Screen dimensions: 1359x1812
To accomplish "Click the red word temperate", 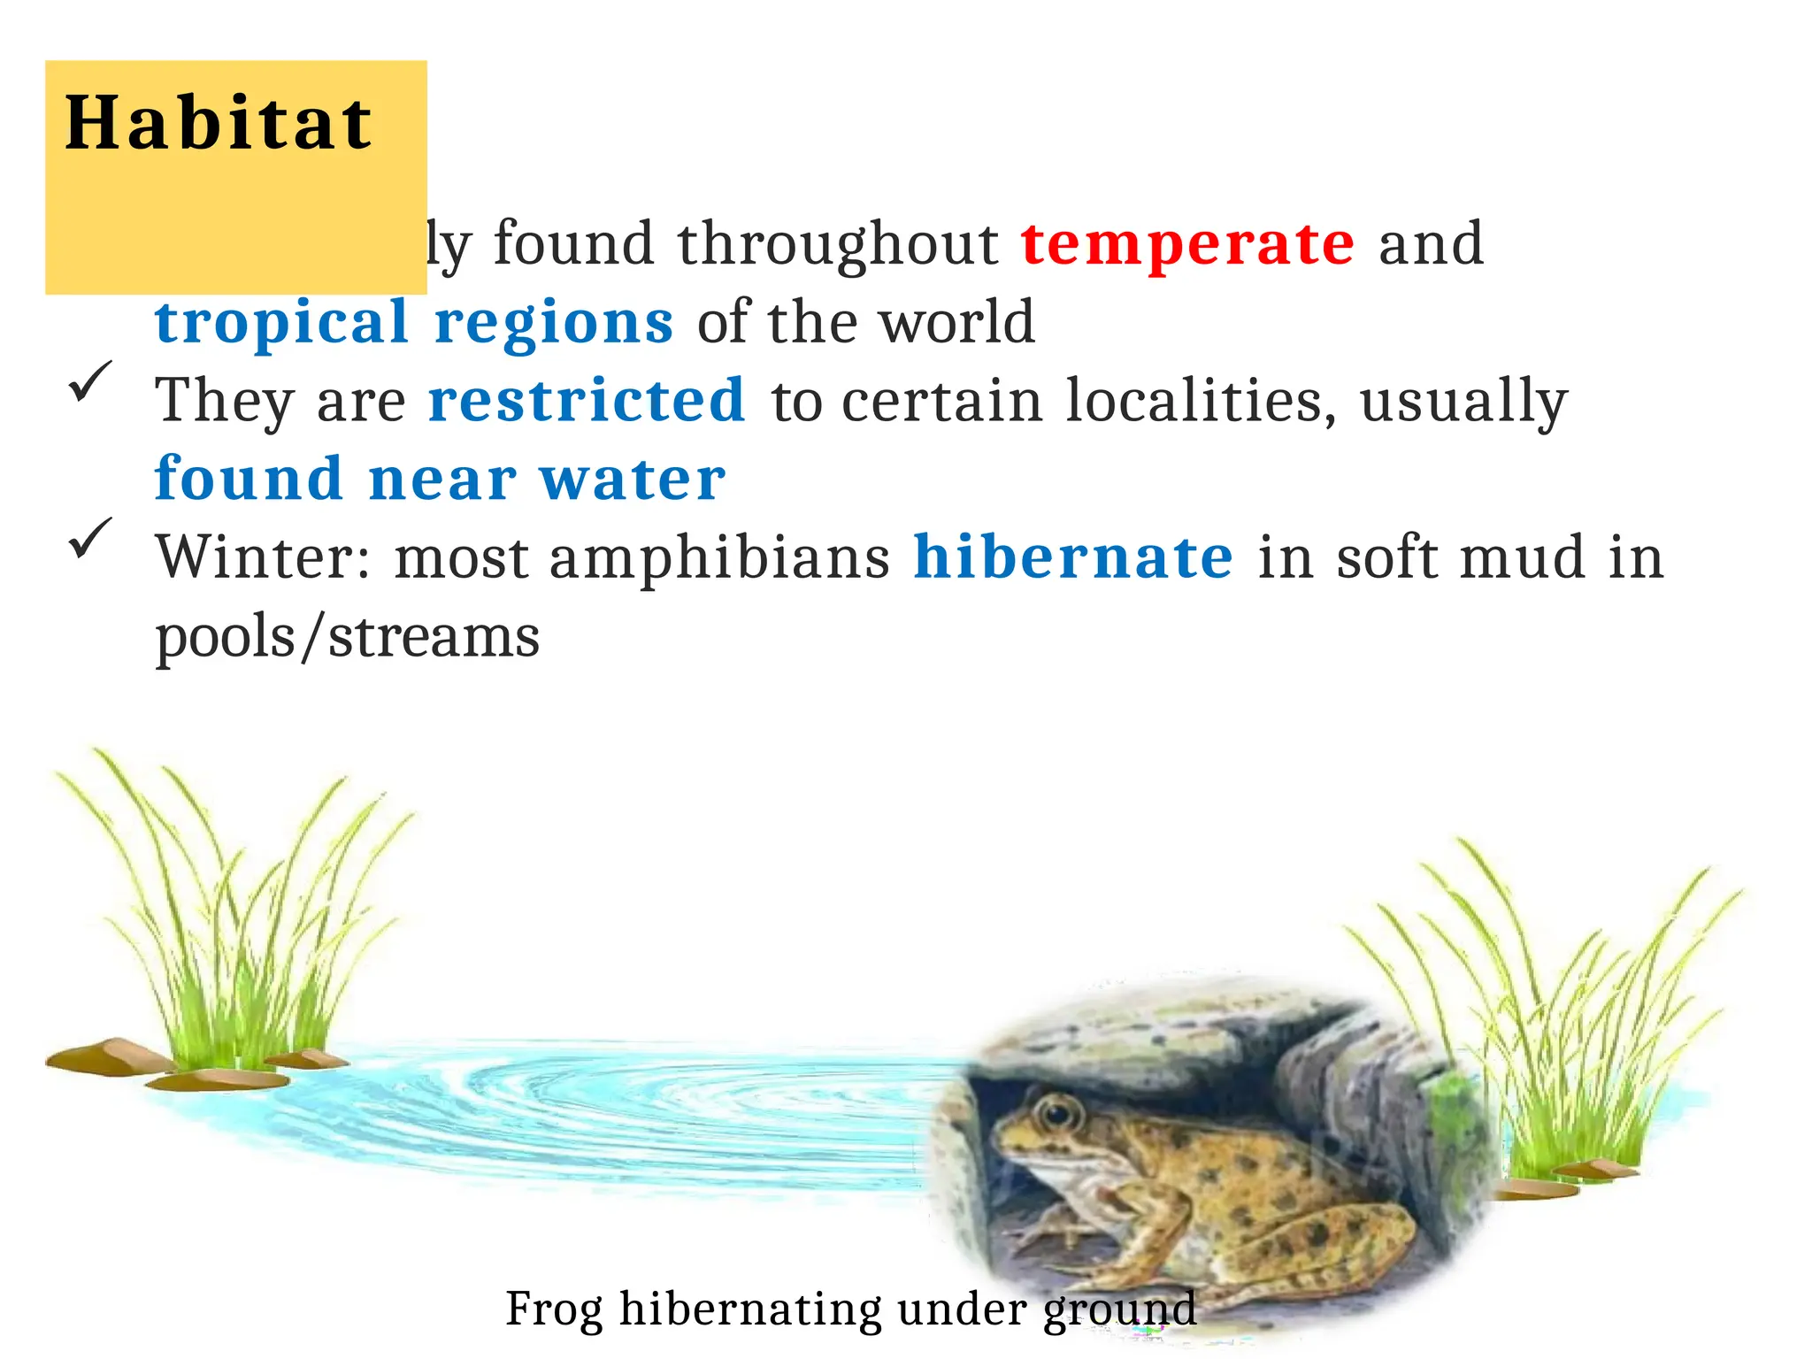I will coord(1187,243).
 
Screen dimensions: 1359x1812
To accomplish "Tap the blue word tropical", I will coord(281,321).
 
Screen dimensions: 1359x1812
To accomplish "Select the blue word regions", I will coord(554,323).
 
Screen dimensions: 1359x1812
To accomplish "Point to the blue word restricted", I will coord(587,400).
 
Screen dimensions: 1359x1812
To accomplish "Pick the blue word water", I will coord(633,479).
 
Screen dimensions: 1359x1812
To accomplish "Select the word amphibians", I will coord(719,559).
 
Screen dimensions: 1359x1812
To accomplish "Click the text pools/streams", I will coord(347,637).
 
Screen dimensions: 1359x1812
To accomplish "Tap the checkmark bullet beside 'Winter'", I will coord(90,537).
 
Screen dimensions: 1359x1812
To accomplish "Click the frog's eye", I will coord(1056,1110).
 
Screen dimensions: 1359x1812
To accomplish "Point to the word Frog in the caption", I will coord(554,1308).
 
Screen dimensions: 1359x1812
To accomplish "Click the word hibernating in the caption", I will coord(750,1309).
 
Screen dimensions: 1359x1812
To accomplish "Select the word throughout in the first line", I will coord(838,245).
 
